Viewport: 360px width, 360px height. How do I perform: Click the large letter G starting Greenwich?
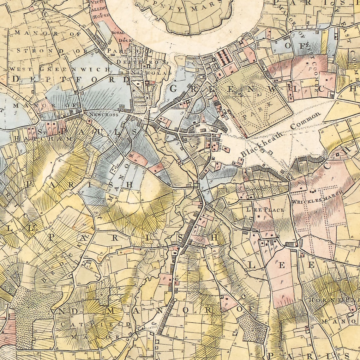pyautogui.click(x=174, y=89)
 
